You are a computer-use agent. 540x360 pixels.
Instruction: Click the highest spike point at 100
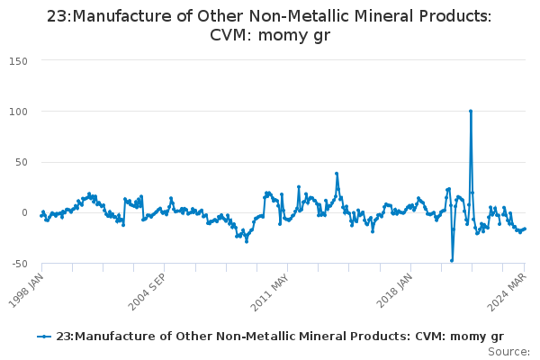coord(470,111)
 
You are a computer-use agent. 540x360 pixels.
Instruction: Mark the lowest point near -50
coord(452,261)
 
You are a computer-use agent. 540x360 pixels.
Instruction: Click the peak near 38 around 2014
coord(337,174)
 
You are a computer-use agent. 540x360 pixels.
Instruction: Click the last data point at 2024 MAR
coord(525,229)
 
